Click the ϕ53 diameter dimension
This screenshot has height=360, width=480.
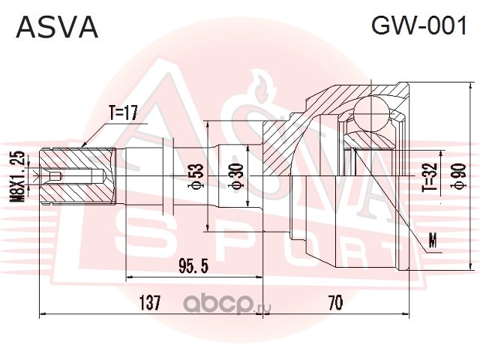(196, 177)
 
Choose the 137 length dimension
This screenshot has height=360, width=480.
(151, 303)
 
